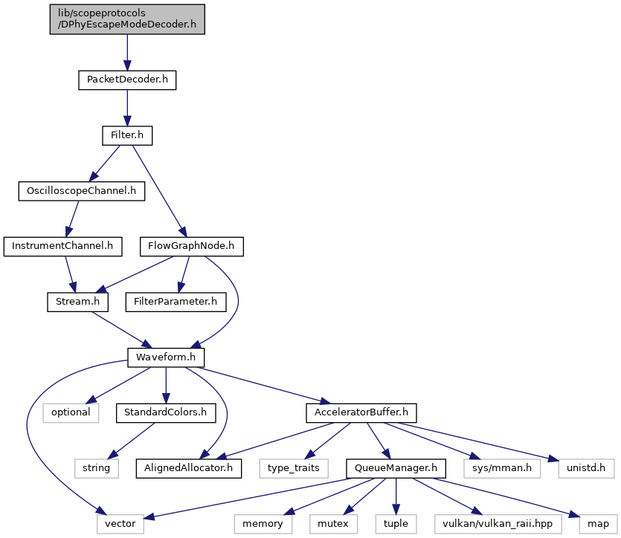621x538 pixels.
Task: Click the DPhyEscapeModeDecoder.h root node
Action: click(127, 19)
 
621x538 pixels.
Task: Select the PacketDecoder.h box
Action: click(127, 80)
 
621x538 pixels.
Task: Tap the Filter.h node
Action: click(127, 135)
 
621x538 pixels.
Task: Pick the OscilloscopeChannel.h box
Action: click(82, 191)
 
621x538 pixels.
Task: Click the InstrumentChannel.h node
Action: click(63, 247)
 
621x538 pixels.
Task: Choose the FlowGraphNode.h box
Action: click(192, 247)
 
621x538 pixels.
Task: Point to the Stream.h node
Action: click(77, 302)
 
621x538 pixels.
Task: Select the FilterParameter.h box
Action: click(176, 302)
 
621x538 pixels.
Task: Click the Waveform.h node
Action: click(166, 357)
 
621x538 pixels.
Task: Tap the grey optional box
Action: click(71, 413)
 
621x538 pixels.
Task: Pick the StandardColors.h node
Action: click(166, 413)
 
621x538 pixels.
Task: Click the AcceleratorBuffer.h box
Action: click(361, 413)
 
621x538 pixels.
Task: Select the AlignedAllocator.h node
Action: click(188, 468)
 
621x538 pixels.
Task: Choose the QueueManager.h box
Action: click(396, 468)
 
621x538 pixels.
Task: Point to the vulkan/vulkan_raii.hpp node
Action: click(498, 524)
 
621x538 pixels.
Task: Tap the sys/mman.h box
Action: click(502, 468)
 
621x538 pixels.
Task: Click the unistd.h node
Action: click(586, 468)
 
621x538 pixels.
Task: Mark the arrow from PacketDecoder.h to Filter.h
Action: click(127, 108)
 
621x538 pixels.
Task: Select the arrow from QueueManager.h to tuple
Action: click(396, 496)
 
